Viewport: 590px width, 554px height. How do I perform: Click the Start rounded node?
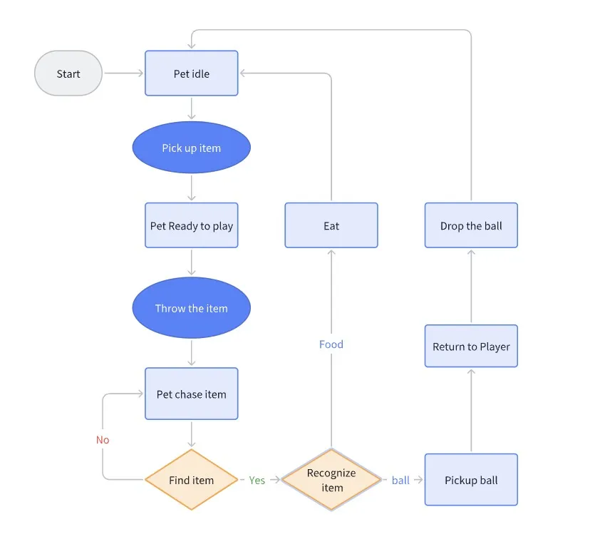click(68, 73)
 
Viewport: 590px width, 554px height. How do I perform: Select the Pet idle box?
click(191, 73)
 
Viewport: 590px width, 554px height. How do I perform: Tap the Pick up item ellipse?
click(191, 148)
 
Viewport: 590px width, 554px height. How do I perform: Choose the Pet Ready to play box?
click(191, 225)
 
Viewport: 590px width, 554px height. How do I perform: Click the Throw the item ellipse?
click(191, 308)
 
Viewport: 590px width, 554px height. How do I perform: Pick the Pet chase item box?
click(191, 394)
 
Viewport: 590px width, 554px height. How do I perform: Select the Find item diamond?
click(191, 480)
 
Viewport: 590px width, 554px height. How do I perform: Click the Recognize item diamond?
click(331, 480)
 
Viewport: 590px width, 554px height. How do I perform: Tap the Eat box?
click(331, 225)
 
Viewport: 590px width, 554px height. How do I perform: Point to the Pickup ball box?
click(471, 480)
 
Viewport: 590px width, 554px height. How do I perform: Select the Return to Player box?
click(471, 347)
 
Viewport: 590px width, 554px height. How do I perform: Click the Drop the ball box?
click(471, 225)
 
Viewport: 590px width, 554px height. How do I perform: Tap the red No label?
click(103, 440)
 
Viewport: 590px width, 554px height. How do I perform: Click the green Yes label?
click(257, 480)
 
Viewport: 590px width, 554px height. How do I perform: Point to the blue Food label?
click(331, 344)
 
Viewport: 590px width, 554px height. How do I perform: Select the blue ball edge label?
click(400, 480)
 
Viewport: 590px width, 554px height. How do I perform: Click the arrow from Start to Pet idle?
click(124, 73)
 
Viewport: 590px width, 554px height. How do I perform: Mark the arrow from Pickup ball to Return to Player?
click(471, 411)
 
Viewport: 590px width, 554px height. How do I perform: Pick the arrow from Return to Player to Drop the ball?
click(471, 286)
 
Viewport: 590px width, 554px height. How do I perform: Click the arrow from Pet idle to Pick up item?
click(191, 108)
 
